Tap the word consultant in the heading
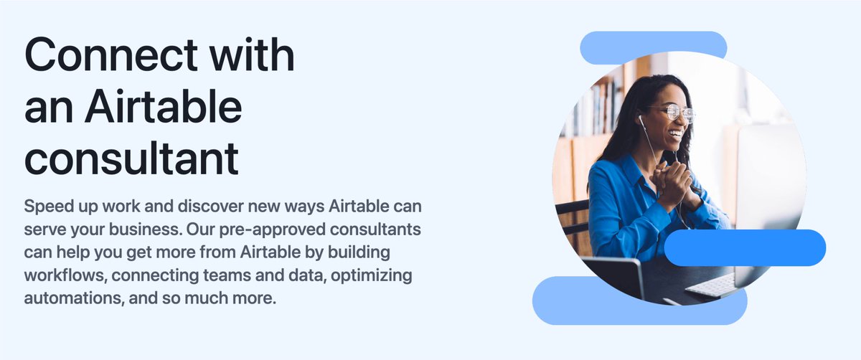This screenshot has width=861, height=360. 131,158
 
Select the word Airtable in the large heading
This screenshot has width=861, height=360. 163,108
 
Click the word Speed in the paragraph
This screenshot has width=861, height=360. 50,207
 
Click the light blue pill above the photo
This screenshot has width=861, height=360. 653,46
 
